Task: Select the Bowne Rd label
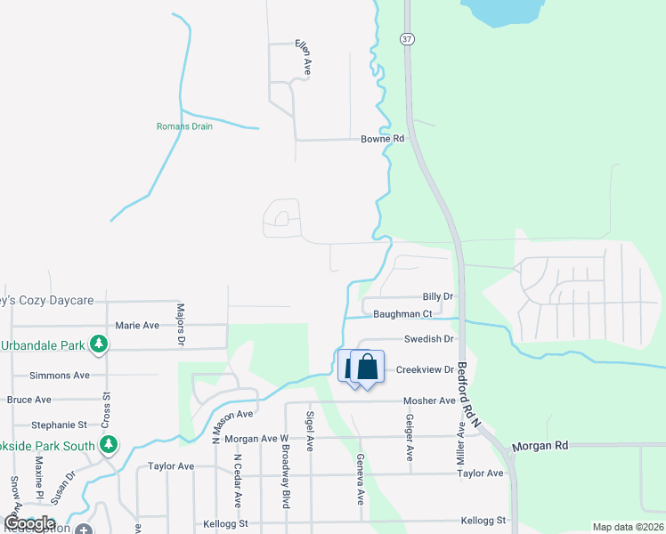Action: (x=383, y=139)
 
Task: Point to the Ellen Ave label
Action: (x=305, y=56)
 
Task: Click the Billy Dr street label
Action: (x=438, y=296)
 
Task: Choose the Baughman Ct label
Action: (x=402, y=313)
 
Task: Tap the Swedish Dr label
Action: (x=429, y=339)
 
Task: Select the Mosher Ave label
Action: (x=429, y=400)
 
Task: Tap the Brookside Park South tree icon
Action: (x=109, y=443)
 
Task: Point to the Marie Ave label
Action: (x=137, y=325)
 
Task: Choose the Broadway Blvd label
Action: (x=286, y=484)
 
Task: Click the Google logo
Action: (x=29, y=523)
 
